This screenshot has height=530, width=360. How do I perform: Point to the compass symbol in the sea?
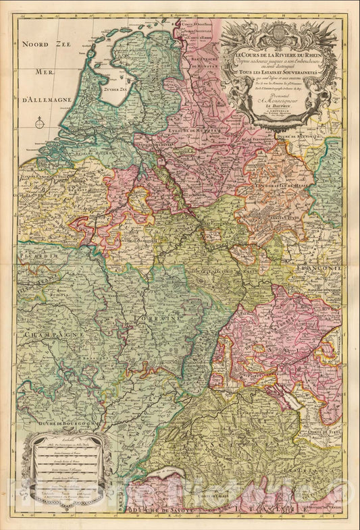pos(40,123)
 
